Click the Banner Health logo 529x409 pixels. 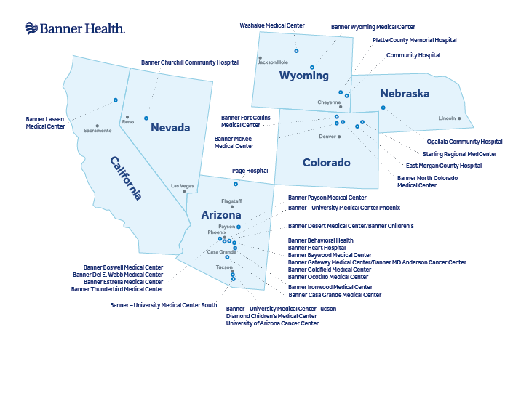click(x=75, y=28)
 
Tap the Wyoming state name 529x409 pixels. click(x=304, y=76)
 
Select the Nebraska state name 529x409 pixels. click(x=405, y=94)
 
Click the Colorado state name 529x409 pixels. click(x=327, y=163)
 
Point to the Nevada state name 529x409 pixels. click(x=170, y=128)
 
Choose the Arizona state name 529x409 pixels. click(x=221, y=215)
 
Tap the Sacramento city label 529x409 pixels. click(x=98, y=131)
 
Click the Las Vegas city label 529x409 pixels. click(x=182, y=186)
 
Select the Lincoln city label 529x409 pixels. click(x=447, y=118)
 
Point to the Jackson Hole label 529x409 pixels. click(x=273, y=62)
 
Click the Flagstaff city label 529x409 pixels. click(x=231, y=201)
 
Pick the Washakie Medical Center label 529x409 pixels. click(x=272, y=25)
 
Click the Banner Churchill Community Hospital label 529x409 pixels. click(x=190, y=62)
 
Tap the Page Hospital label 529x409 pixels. click(x=250, y=171)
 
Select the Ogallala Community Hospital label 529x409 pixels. click(x=464, y=142)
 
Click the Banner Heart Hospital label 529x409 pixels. click(x=317, y=248)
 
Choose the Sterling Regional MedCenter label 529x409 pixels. click(x=460, y=154)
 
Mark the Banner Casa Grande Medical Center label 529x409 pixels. click(x=335, y=295)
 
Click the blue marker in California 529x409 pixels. click(x=115, y=100)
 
